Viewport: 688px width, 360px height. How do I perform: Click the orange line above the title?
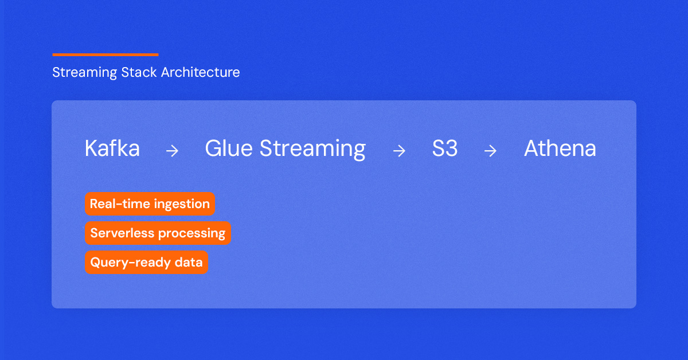pos(105,54)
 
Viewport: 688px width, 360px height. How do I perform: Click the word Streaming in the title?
pos(84,73)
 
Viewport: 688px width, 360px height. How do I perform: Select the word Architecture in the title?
pos(200,72)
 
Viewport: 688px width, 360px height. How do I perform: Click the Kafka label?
pos(112,148)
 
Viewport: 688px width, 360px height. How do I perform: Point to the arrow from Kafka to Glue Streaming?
pos(172,151)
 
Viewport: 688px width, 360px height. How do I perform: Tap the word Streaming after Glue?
pos(312,150)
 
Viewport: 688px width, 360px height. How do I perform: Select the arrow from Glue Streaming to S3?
pos(399,151)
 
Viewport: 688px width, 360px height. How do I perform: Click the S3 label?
pos(445,148)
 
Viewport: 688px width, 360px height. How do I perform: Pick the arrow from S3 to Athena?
pos(490,151)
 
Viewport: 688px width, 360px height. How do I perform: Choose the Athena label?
pos(560,148)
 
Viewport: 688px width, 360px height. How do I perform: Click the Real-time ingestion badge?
pos(150,204)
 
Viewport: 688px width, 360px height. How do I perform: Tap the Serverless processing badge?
pos(158,233)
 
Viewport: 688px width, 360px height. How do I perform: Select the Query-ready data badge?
pos(147,262)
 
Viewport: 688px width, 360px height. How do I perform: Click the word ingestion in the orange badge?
pos(182,205)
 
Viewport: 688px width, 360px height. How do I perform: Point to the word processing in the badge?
pos(192,234)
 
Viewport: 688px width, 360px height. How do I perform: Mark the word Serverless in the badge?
pos(122,233)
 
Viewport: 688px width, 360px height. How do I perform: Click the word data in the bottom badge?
pos(189,263)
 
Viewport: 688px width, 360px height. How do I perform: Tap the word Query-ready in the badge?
pos(130,263)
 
